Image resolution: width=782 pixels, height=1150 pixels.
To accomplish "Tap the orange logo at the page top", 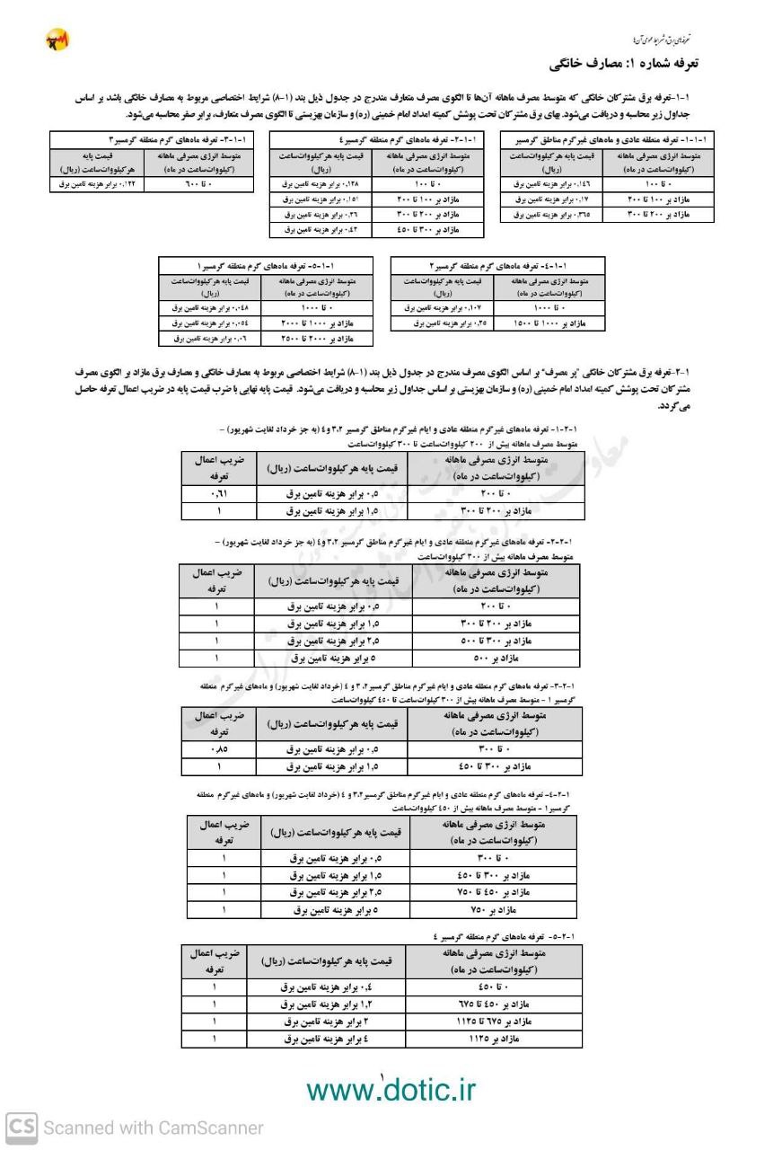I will pos(57,40).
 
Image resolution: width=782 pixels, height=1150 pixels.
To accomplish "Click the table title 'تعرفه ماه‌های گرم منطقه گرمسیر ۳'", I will pos(153,139).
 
